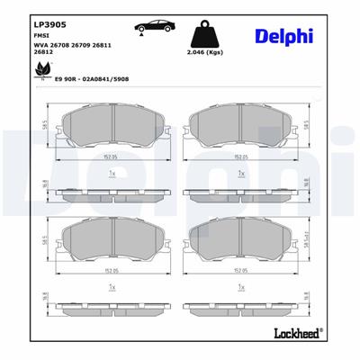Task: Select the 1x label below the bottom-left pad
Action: point(112,285)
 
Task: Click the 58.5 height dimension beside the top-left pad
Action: point(45,127)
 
